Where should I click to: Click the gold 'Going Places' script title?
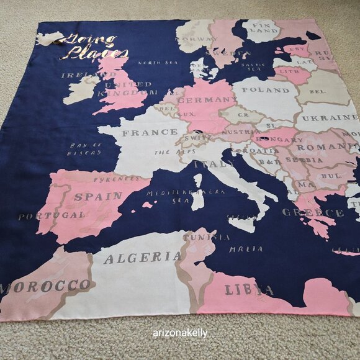90,47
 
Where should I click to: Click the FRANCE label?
141,132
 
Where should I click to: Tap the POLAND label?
269,90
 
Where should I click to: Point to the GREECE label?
312,213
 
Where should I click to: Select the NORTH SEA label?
158,63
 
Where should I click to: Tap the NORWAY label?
195,40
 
